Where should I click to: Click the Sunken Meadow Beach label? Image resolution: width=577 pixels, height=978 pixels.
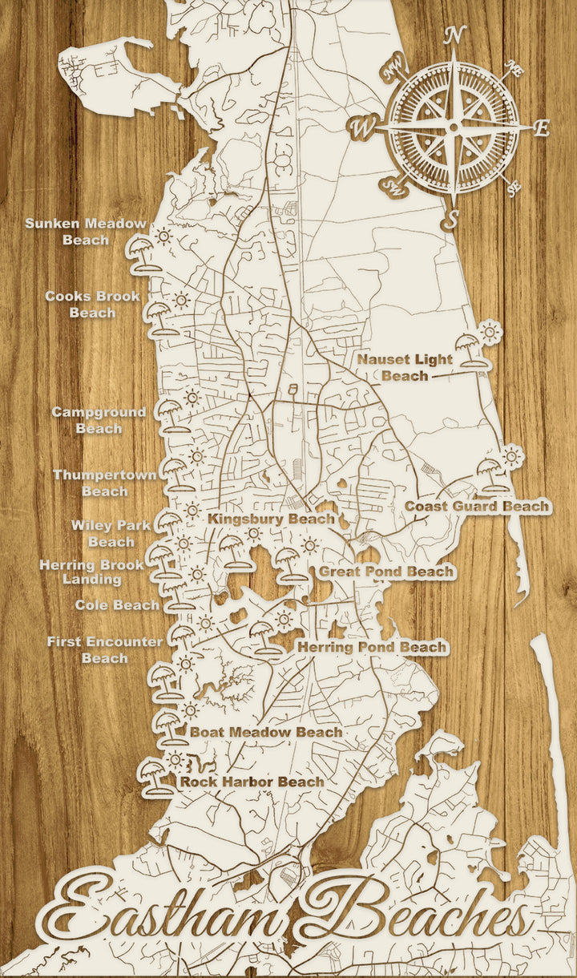86,232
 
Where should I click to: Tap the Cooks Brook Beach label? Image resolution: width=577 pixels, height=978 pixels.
92,305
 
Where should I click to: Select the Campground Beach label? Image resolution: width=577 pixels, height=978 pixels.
99,420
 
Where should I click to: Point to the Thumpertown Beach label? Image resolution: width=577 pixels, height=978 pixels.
104,483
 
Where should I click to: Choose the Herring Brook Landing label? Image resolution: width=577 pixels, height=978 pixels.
92,572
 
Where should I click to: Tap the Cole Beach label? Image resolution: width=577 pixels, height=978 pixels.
117,605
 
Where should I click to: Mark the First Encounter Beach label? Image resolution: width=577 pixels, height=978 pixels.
104,650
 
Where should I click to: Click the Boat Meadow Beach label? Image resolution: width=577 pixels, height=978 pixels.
266,732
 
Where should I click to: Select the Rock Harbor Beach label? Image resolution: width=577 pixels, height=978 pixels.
252,782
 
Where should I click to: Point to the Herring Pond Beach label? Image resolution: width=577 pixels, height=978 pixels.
372,647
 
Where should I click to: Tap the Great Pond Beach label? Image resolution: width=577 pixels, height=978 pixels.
386,572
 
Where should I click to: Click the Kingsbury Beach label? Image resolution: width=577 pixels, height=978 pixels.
271,519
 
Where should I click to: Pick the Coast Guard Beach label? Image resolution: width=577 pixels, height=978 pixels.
477,507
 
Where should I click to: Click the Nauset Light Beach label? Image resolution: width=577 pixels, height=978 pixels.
405,367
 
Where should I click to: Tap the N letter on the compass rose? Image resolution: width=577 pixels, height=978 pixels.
455,35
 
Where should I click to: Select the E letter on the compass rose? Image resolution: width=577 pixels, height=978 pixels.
542,128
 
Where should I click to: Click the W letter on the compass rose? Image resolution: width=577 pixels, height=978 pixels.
363,126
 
